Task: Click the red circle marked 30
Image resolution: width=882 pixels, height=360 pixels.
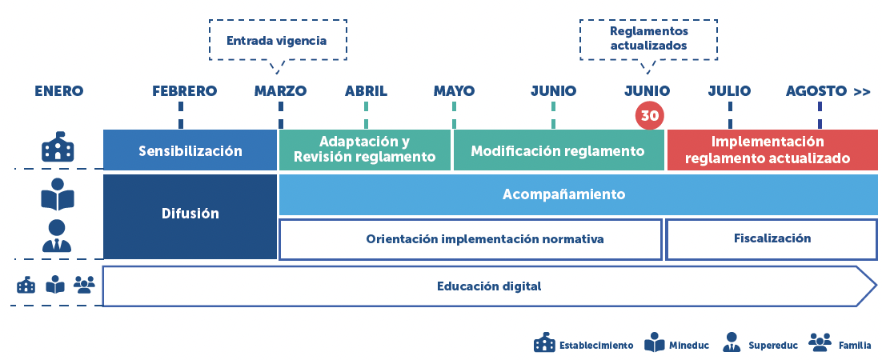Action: (649, 115)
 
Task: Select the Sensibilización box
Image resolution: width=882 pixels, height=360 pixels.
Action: (190, 150)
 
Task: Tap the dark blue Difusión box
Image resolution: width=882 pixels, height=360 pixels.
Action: (190, 214)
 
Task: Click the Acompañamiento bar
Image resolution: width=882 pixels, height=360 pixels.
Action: (563, 194)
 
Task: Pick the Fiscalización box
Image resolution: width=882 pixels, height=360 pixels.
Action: (772, 238)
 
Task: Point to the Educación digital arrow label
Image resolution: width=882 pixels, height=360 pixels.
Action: (489, 286)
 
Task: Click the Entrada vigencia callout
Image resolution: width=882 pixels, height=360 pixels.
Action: (276, 40)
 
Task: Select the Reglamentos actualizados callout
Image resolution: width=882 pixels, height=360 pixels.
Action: (648, 38)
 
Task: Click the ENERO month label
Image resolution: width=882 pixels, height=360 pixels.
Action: (58, 90)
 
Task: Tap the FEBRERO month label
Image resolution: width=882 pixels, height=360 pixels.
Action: (184, 90)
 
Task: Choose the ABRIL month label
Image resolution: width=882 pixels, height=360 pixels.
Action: (366, 90)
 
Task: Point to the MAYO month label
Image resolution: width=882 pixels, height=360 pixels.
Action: (454, 90)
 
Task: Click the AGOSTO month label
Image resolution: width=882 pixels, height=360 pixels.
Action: (816, 90)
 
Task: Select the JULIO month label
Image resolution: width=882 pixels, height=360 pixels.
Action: (729, 90)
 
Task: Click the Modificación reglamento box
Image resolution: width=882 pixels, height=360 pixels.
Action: (558, 150)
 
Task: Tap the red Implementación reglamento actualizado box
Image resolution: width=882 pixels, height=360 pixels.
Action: (772, 150)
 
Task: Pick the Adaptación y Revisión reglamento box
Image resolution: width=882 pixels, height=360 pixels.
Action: (365, 150)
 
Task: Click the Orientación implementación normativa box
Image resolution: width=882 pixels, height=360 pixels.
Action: (471, 239)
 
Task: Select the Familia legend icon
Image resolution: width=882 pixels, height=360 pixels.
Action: (820, 342)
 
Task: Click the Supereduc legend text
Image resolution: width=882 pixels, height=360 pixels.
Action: (773, 346)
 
